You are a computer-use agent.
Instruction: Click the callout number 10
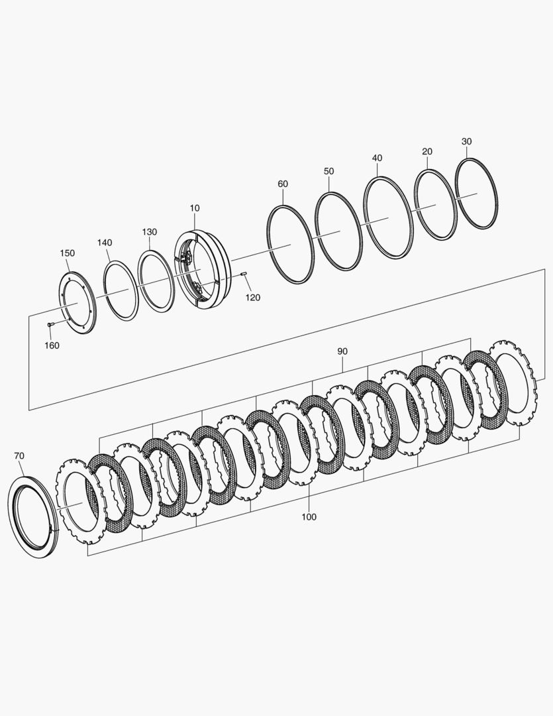pyautogui.click(x=194, y=208)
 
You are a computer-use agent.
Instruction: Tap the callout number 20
pyautogui.click(x=427, y=152)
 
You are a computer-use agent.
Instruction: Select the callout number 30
pyautogui.click(x=467, y=141)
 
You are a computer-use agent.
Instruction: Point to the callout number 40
pyautogui.click(x=377, y=158)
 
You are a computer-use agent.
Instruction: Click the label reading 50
pyautogui.click(x=328, y=171)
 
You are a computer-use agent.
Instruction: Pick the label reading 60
pyautogui.click(x=283, y=184)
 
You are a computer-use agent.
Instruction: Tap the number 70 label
pyautogui.click(x=19, y=455)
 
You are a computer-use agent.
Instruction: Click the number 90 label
pyautogui.click(x=342, y=351)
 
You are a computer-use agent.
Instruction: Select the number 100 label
pyautogui.click(x=309, y=516)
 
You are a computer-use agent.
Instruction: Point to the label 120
pyautogui.click(x=253, y=298)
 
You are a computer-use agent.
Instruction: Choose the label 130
pyautogui.click(x=149, y=232)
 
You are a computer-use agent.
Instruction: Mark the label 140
pyautogui.click(x=105, y=243)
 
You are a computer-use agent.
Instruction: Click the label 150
pyautogui.click(x=67, y=253)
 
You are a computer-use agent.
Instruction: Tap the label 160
pyautogui.click(x=52, y=345)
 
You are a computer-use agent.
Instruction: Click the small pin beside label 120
pyautogui.click(x=244, y=272)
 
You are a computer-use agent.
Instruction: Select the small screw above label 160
pyautogui.click(x=50, y=324)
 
